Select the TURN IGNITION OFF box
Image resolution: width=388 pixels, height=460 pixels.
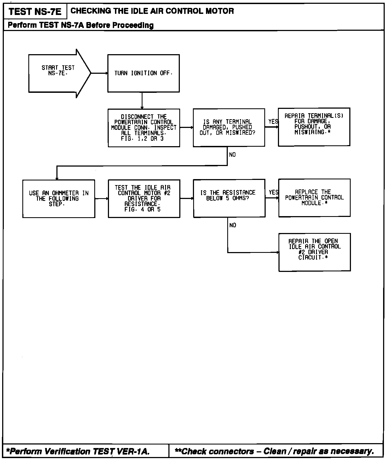click(143, 73)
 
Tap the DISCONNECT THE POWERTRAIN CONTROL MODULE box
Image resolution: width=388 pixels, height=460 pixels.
click(144, 128)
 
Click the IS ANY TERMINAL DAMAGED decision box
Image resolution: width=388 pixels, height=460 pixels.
click(229, 127)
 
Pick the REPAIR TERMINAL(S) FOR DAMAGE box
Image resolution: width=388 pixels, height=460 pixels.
click(314, 127)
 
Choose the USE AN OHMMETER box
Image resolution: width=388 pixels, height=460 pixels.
click(59, 198)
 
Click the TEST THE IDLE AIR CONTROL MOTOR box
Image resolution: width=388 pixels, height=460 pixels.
click(144, 198)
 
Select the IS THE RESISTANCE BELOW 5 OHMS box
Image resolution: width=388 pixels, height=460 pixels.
click(229, 198)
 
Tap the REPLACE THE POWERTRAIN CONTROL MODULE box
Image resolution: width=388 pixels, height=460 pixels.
click(314, 198)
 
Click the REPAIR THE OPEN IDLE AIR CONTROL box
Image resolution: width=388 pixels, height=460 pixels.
click(314, 252)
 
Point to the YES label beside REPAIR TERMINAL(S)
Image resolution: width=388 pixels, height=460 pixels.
click(273, 122)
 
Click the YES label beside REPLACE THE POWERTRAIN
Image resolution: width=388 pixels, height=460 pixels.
click(273, 192)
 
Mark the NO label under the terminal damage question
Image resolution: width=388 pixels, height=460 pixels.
click(232, 155)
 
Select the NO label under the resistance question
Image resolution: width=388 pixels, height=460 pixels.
click(233, 225)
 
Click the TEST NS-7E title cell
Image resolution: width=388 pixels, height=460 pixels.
click(35, 12)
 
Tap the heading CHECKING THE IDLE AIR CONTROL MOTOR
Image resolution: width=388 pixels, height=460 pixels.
click(152, 11)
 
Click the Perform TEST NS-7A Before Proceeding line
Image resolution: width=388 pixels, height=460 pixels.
click(81, 25)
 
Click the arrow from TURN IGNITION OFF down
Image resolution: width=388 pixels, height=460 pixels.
click(142, 100)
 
